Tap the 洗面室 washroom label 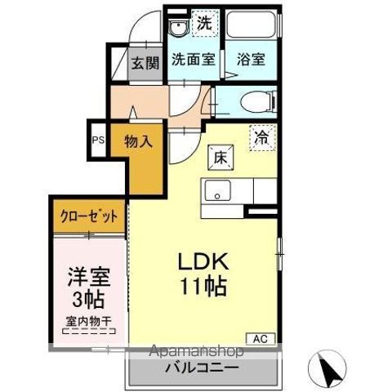coord(193,60)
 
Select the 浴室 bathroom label coord(250,60)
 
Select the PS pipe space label coord(98,140)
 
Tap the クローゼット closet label coord(89,217)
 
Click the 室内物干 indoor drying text coord(89,322)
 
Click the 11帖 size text coord(206,287)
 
